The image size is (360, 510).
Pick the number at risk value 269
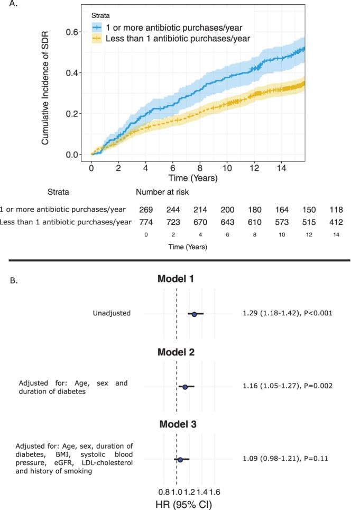(x=146, y=209)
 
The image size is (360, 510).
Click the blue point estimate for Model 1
(x=194, y=314)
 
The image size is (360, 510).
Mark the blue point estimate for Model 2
(x=185, y=387)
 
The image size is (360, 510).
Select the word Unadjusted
(x=111, y=313)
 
